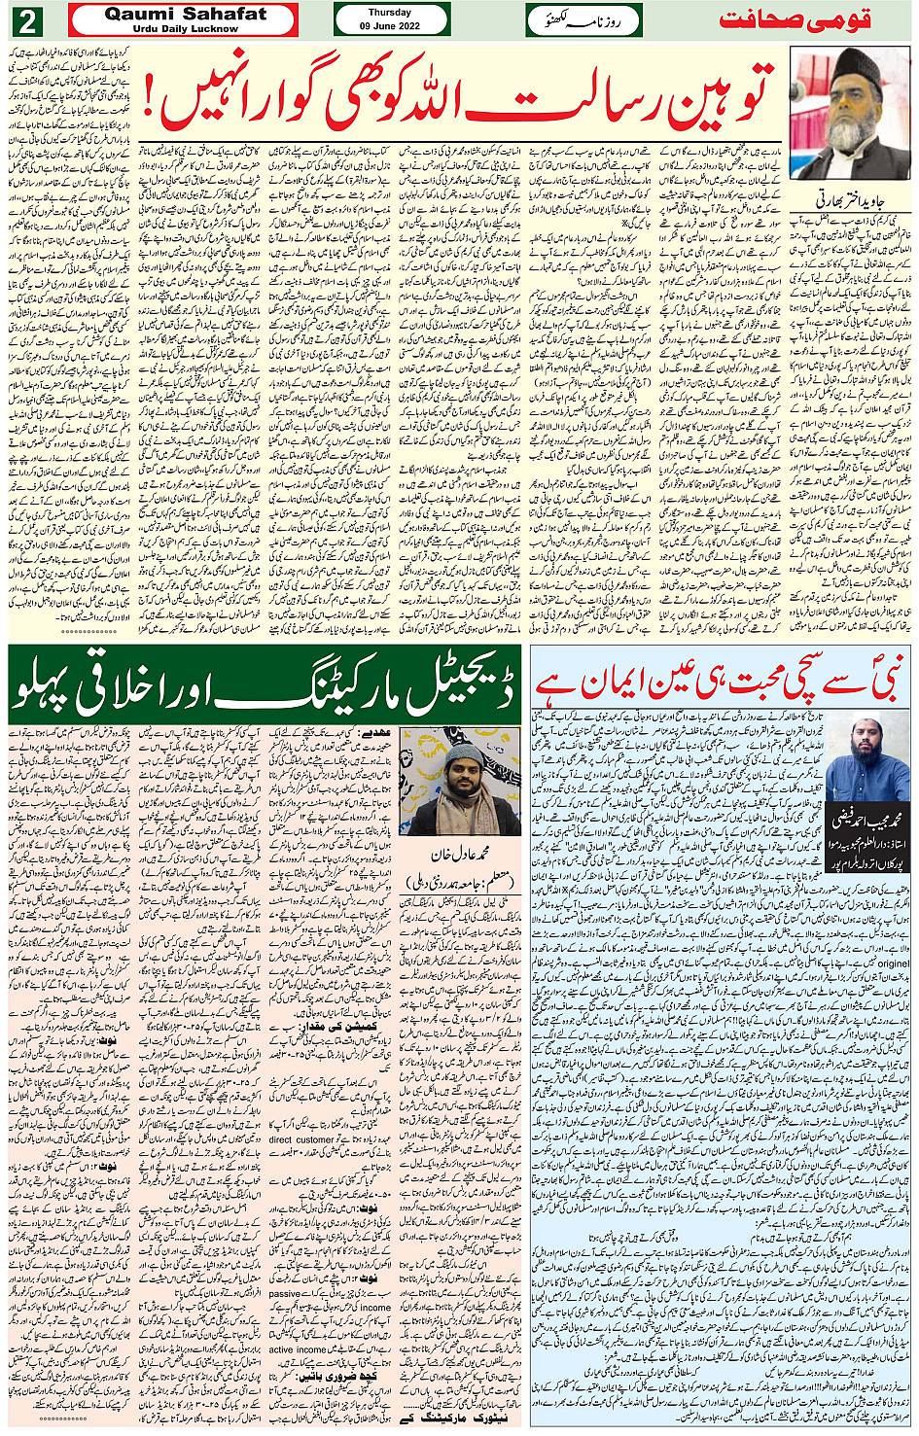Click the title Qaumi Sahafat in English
[185, 14]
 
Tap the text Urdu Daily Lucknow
[185, 29]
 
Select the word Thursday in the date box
[390, 13]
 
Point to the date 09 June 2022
[390, 26]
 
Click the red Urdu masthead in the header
[795, 20]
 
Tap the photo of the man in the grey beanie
[460, 781]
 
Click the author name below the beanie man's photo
[460, 855]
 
